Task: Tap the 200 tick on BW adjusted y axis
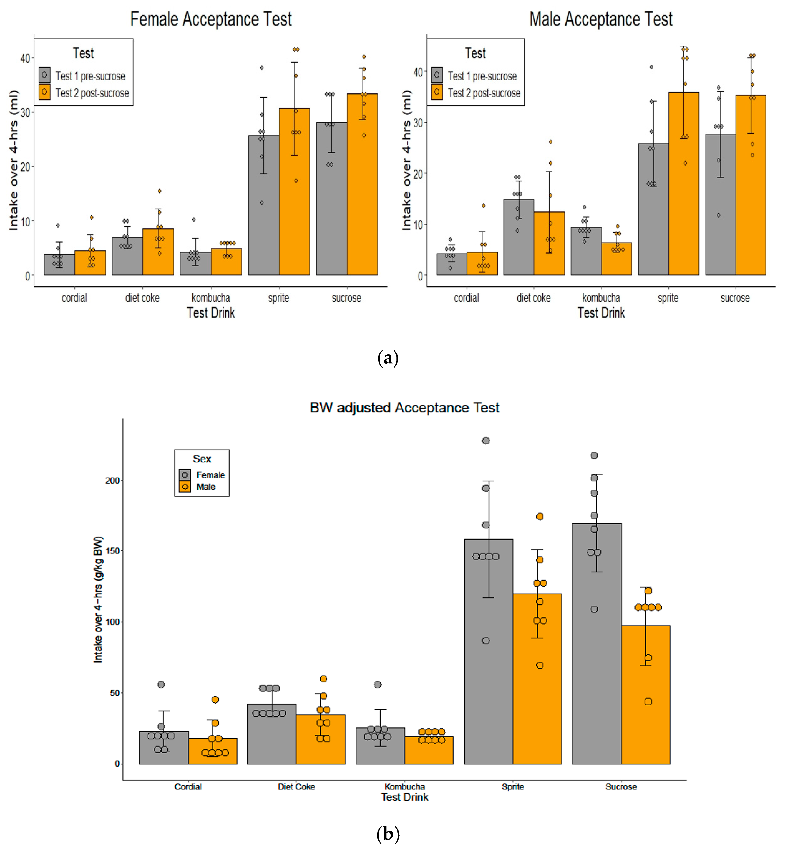(112, 480)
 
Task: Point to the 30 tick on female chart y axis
(25, 112)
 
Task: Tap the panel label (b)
(387, 833)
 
